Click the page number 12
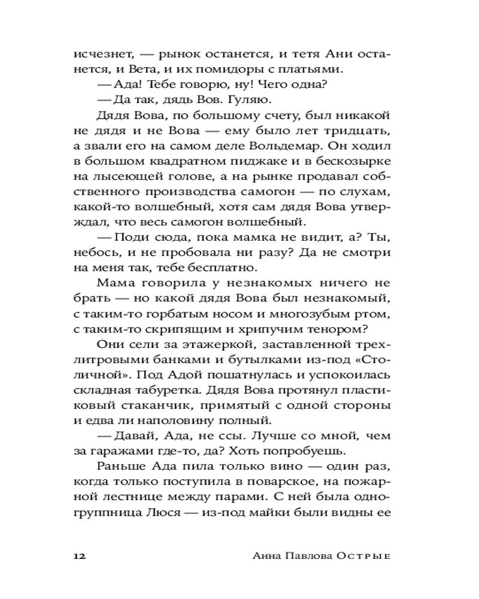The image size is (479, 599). click(80, 555)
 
